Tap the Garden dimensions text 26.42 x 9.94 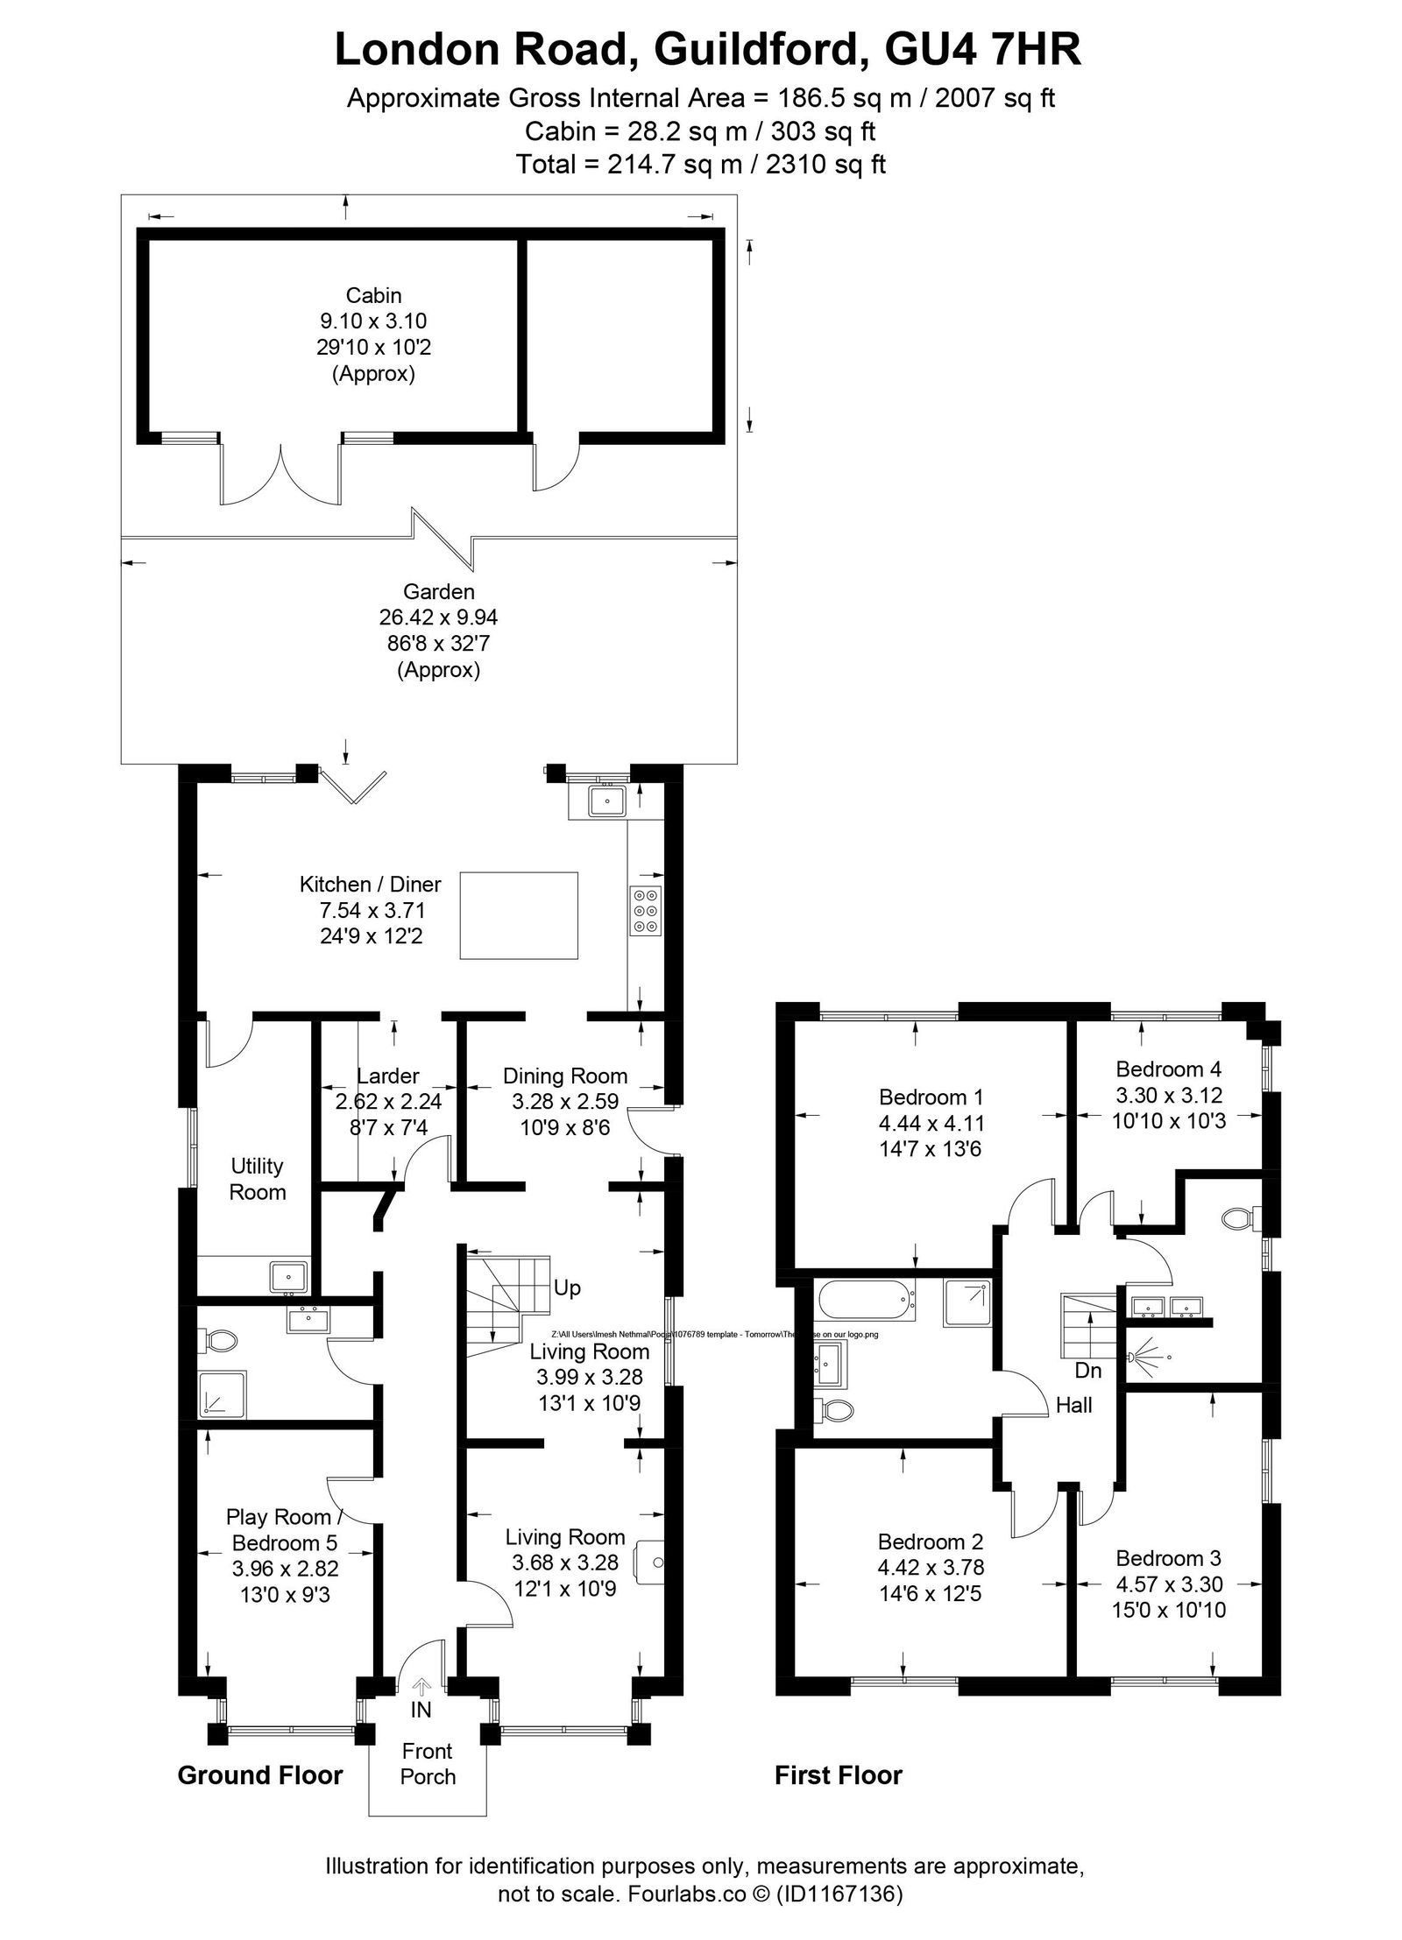point(437,617)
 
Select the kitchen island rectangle point(518,916)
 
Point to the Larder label point(387,1076)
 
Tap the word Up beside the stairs point(567,1288)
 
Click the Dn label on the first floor point(1087,1370)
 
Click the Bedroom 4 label point(1168,1069)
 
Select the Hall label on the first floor point(1073,1405)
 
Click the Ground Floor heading point(260,1775)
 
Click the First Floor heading point(838,1775)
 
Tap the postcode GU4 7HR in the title point(983,50)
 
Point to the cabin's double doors point(280,473)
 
